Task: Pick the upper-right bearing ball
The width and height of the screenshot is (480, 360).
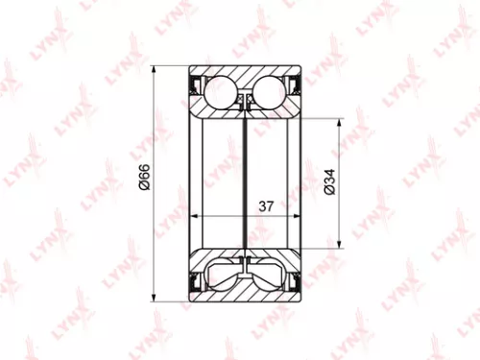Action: pyautogui.click(x=273, y=90)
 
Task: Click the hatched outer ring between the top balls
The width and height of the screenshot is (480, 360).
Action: pyautogui.click(x=248, y=77)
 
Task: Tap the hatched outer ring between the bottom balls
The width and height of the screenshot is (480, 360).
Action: pyautogui.click(x=248, y=286)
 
